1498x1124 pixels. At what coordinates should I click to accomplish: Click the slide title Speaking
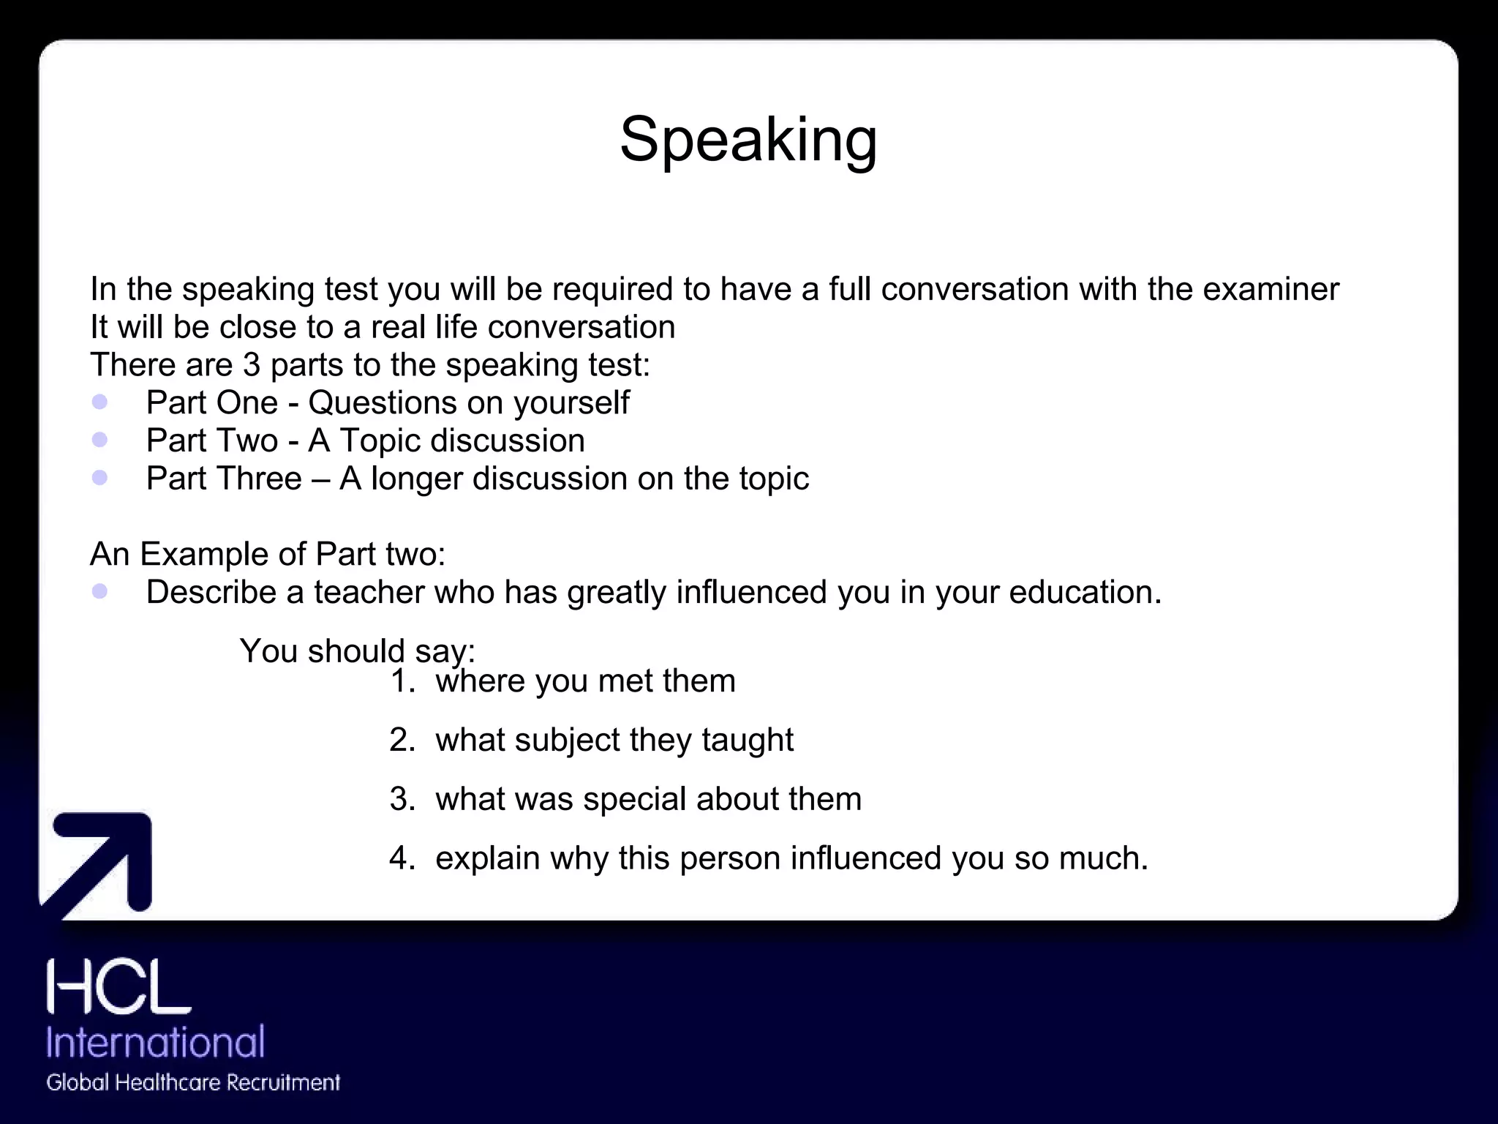click(x=748, y=140)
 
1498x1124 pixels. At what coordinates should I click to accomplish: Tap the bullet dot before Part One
click(x=100, y=402)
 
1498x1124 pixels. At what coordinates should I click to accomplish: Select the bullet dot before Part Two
click(x=100, y=439)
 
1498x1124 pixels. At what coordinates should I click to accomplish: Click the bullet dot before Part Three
click(x=100, y=477)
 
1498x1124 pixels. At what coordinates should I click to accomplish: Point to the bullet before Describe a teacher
click(x=100, y=591)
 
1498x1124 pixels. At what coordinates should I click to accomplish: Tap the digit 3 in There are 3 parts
click(x=251, y=365)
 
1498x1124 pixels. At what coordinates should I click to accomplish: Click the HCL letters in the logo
click(x=118, y=988)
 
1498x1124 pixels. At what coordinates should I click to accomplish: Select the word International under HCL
click(x=155, y=1042)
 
